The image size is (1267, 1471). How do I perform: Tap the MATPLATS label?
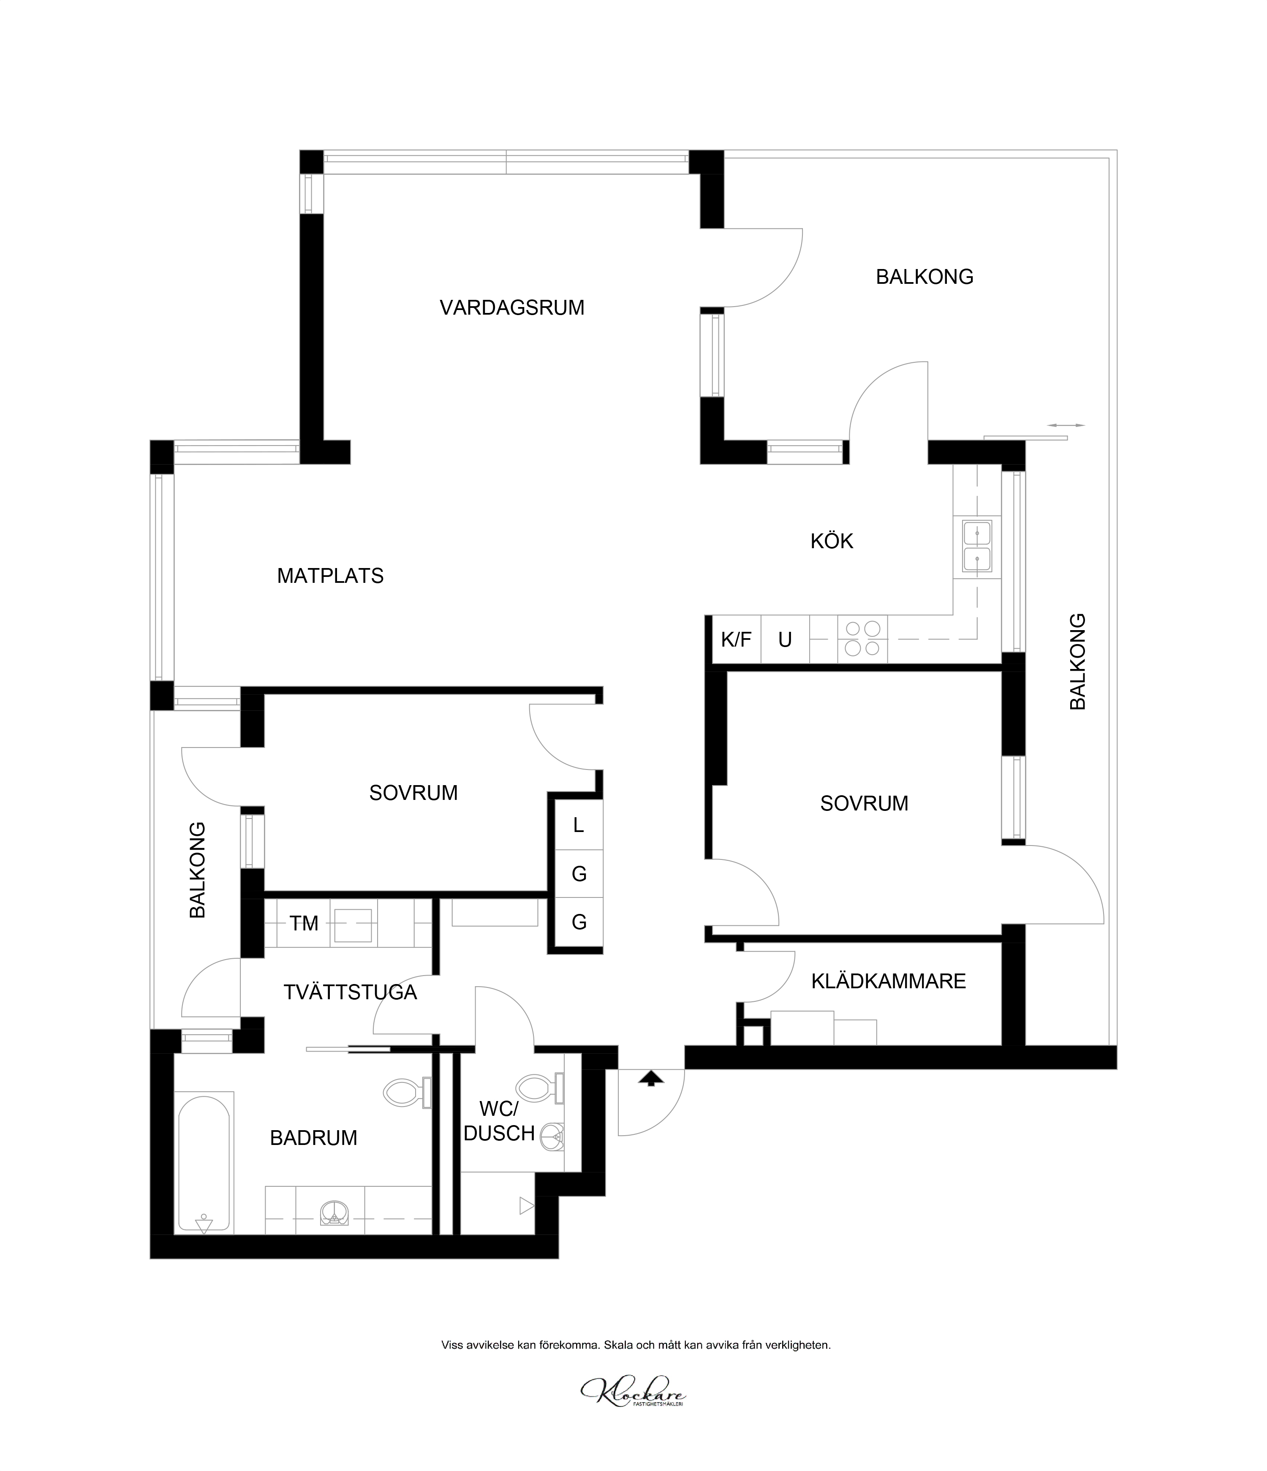[330, 576]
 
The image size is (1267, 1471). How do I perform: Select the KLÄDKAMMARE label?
[889, 981]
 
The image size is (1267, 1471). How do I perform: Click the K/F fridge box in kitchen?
[736, 640]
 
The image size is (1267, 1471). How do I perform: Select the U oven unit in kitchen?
[785, 640]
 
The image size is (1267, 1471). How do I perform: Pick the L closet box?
[579, 825]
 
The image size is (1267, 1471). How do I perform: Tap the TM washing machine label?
[304, 924]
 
